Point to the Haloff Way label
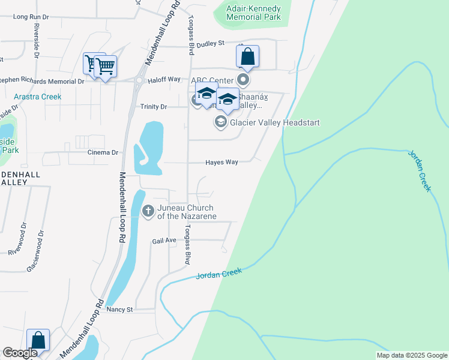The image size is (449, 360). click(x=165, y=79)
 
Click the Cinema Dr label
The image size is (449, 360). click(x=102, y=152)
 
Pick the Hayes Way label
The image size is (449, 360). click(x=221, y=162)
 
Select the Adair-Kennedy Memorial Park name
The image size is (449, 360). click(x=254, y=13)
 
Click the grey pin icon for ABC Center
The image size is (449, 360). click(x=243, y=79)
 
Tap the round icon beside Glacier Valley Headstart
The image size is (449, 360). click(x=220, y=122)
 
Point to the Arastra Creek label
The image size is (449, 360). click(x=38, y=97)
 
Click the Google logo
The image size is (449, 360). click(x=20, y=353)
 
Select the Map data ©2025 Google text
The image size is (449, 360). click(x=411, y=355)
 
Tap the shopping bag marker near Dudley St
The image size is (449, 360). click(x=247, y=57)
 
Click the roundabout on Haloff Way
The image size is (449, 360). click(x=138, y=80)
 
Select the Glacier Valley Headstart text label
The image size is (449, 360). click(x=274, y=122)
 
